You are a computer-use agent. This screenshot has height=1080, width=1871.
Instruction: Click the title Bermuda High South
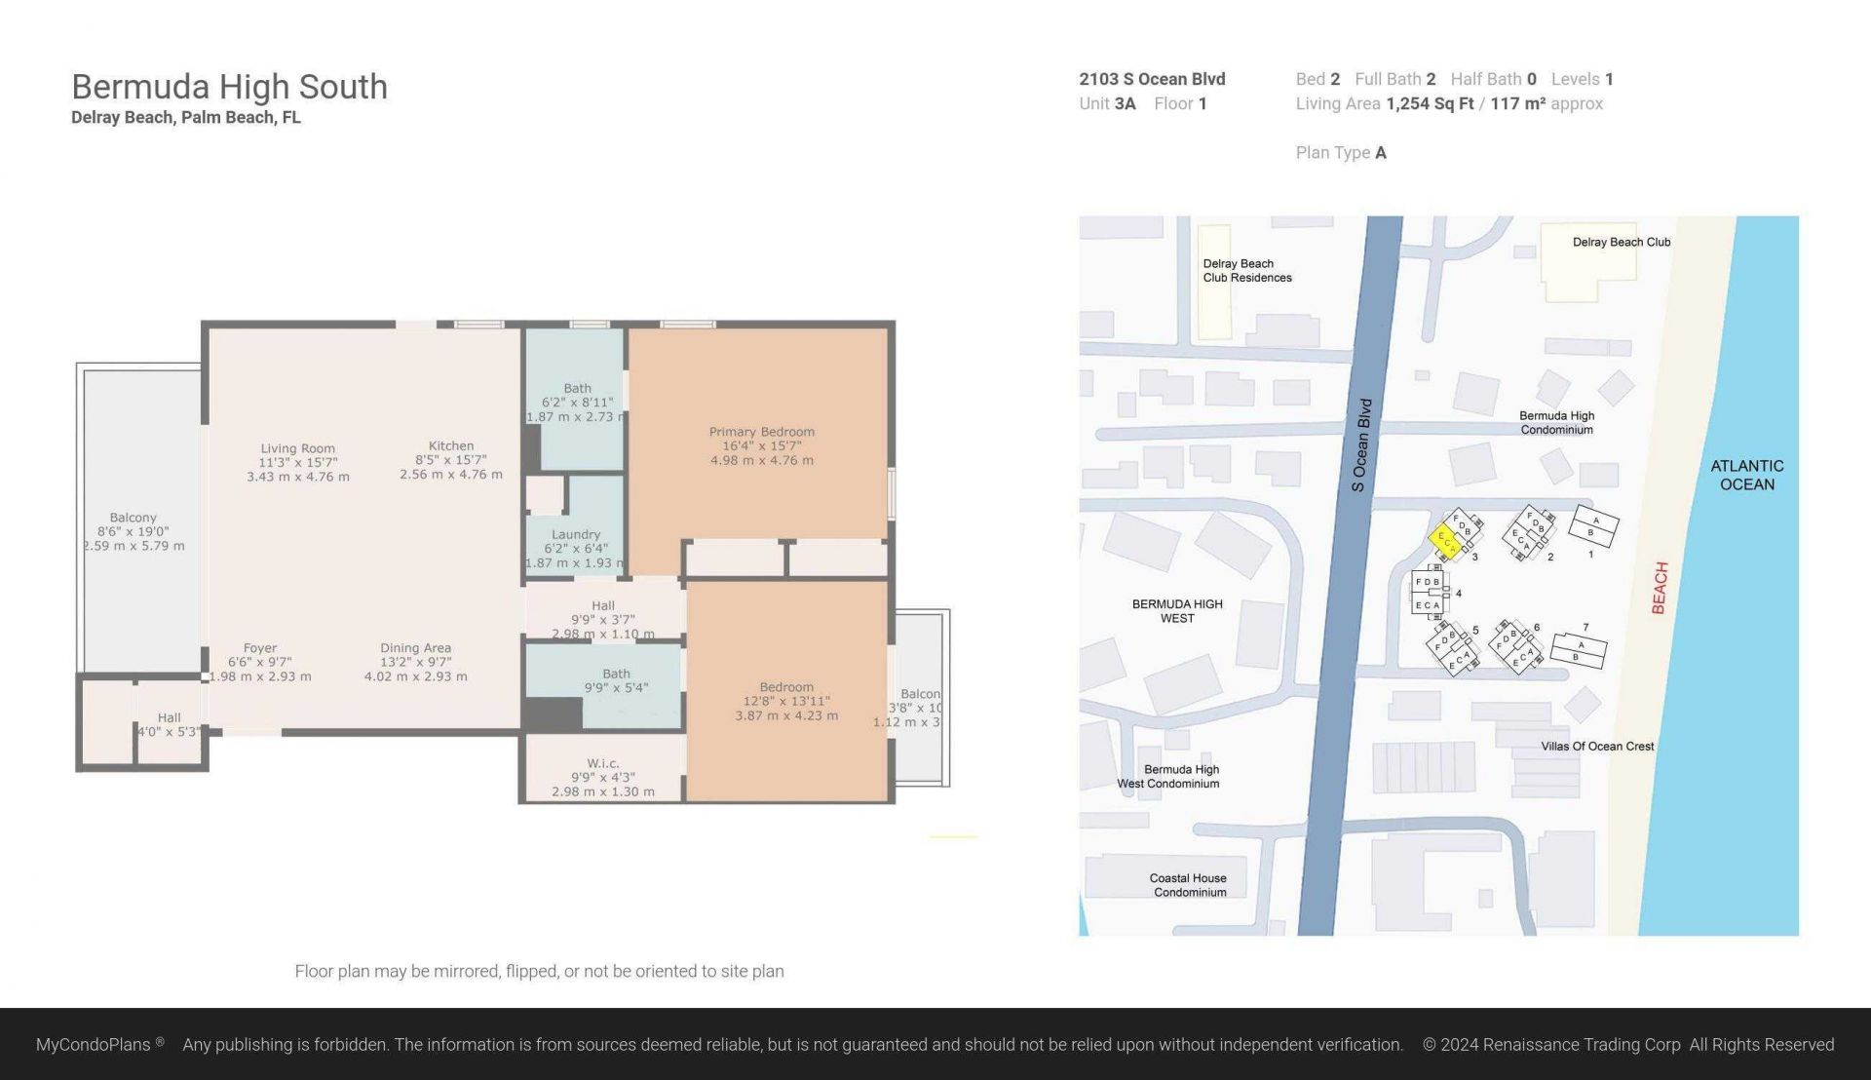pyautogui.click(x=229, y=87)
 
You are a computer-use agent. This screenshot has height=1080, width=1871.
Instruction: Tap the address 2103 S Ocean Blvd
pyautogui.click(x=1152, y=79)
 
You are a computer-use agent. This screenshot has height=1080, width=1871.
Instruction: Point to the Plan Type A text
pyautogui.click(x=1340, y=152)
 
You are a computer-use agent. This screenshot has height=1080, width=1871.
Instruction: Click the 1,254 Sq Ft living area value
pyautogui.click(x=1429, y=103)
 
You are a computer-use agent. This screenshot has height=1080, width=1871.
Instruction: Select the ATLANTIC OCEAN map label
pyautogui.click(x=1746, y=475)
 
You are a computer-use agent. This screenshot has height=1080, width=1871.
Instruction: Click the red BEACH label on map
pyautogui.click(x=1660, y=588)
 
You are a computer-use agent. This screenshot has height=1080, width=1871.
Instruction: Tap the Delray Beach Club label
pyautogui.click(x=1621, y=242)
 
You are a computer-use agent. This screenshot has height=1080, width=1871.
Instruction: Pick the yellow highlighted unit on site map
pyautogui.click(x=1445, y=539)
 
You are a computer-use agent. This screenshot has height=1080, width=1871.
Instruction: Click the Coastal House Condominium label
pyautogui.click(x=1189, y=885)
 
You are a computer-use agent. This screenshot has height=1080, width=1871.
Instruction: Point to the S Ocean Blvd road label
pyautogui.click(x=1361, y=444)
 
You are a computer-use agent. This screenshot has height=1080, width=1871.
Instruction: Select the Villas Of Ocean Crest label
pyautogui.click(x=1596, y=746)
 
